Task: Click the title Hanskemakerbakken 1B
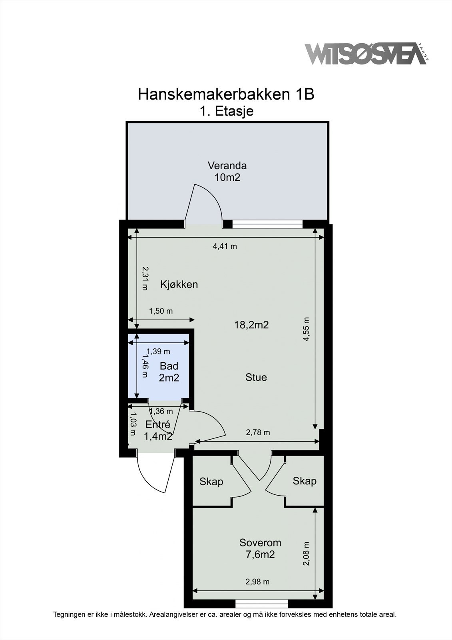point(226,94)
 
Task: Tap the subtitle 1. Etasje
point(227,111)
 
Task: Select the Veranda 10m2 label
point(227,171)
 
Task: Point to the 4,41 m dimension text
point(225,246)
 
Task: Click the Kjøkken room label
point(179,284)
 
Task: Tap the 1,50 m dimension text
point(161,311)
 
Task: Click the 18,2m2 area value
point(251,325)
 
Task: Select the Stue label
point(256,377)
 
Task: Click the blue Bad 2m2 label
point(169,372)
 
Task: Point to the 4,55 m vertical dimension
point(306,329)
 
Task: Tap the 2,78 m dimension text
point(258,432)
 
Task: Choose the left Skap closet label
point(211,482)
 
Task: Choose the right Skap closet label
point(304,481)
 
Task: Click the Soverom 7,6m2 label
point(260,548)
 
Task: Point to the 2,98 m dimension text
point(257,582)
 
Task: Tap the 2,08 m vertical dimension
point(306,554)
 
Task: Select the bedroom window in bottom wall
point(261,604)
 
